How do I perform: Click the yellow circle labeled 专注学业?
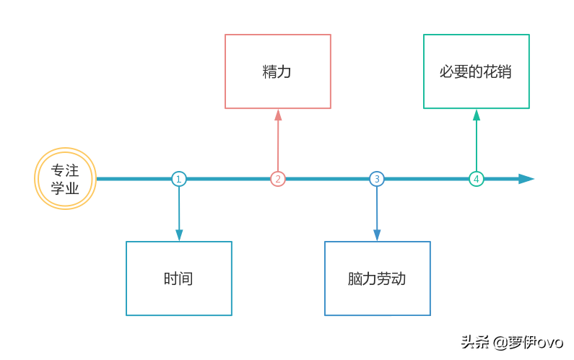pos(65,179)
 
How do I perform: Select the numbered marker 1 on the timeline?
pos(179,179)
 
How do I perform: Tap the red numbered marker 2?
pos(278,179)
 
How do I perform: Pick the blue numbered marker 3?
pos(376,179)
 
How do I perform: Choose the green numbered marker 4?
pos(476,179)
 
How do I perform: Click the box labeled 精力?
pos(278,71)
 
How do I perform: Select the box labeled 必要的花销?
pos(476,71)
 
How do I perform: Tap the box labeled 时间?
pos(179,278)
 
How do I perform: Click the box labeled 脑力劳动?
pos(377,278)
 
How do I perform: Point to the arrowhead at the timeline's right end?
pos(527,179)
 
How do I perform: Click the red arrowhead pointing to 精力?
pos(278,115)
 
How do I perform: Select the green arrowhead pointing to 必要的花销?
pos(476,115)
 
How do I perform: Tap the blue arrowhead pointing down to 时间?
pos(179,234)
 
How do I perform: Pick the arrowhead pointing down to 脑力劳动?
pos(377,234)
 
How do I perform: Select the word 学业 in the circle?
pos(65,188)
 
